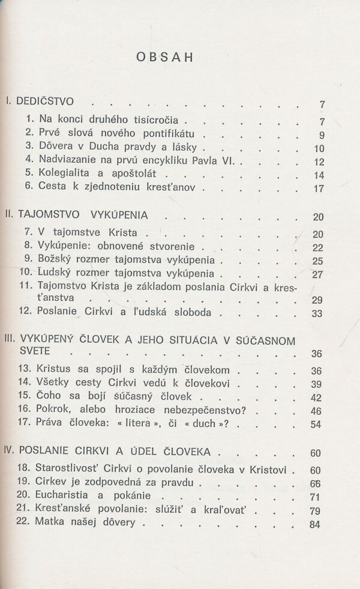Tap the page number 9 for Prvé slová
[322, 135]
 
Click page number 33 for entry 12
[318, 314]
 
